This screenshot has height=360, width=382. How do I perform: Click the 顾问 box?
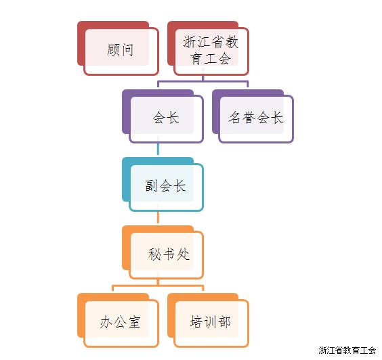tap(118, 48)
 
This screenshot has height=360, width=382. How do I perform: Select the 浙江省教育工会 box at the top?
tap(209, 48)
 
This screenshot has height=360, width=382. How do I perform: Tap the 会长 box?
tap(163, 116)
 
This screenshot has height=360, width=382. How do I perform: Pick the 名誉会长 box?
tap(253, 116)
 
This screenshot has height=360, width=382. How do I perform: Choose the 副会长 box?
tap(163, 184)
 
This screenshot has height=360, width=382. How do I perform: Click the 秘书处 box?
tap(163, 252)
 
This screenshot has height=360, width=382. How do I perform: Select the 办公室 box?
tap(118, 320)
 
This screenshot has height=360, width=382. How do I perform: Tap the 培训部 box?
tap(209, 320)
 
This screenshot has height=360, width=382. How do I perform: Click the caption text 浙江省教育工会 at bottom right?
tap(347, 351)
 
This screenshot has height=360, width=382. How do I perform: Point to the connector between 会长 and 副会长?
tap(158, 148)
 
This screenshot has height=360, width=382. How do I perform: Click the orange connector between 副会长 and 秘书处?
tap(158, 217)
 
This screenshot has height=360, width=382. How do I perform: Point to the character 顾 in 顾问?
tap(113, 50)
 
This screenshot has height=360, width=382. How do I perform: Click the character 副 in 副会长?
tap(152, 185)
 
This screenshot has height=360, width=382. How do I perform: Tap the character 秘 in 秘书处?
tap(154, 254)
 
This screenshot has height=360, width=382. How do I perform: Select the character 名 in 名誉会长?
tap(235, 118)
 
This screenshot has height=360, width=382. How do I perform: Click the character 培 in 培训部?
tap(196, 322)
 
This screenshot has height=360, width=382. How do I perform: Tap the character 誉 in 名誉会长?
tap(249, 118)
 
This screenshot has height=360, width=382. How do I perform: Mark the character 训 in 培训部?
tap(210, 322)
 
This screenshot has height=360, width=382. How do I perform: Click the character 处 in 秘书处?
tap(183, 254)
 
